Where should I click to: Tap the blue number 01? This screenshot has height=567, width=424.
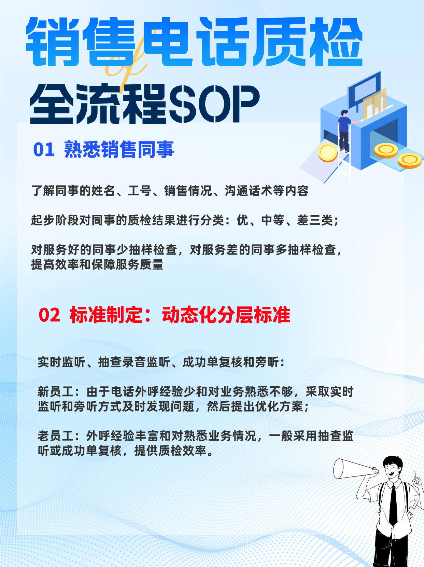pyautogui.click(x=44, y=150)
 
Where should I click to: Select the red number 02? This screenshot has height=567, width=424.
pyautogui.click(x=49, y=315)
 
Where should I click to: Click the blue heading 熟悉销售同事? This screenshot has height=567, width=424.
pyautogui.click(x=119, y=150)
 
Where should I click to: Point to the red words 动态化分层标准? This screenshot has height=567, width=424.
pyautogui.click(x=226, y=315)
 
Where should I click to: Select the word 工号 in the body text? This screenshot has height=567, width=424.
pyautogui.click(x=140, y=191)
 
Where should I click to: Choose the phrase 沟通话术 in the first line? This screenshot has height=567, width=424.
pyautogui.click(x=248, y=191)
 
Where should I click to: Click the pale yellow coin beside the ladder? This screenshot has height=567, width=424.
pyautogui.click(x=328, y=152)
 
